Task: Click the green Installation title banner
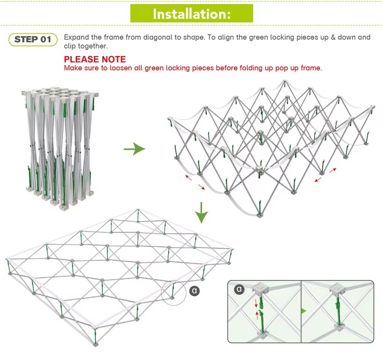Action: point(192,13)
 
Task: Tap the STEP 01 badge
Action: point(33,39)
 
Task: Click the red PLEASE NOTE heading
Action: point(95,60)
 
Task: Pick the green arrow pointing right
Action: point(134,149)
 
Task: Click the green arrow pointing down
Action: point(202,212)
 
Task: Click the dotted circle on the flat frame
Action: point(173,292)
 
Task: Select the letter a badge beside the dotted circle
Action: point(194,291)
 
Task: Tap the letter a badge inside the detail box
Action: point(239,289)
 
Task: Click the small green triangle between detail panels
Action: point(304,311)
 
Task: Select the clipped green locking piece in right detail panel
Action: point(337,312)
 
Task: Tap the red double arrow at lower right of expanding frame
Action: point(325,175)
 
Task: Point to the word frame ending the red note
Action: point(312,68)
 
